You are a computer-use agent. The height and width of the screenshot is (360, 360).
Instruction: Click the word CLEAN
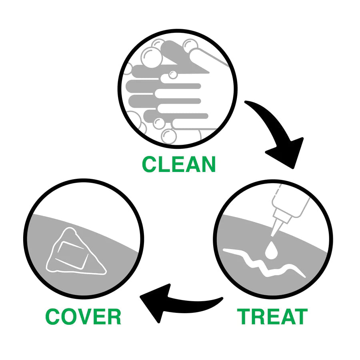click(x=179, y=164)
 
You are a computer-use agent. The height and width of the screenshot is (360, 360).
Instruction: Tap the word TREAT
click(x=272, y=317)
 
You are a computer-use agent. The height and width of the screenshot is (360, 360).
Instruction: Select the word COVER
click(x=83, y=317)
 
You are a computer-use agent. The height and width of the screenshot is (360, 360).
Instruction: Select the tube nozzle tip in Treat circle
click(x=274, y=231)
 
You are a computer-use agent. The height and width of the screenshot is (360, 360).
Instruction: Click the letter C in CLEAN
click(x=150, y=164)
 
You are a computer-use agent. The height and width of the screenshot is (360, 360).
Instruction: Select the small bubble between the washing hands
click(x=173, y=74)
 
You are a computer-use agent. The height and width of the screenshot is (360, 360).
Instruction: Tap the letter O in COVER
click(x=69, y=317)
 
